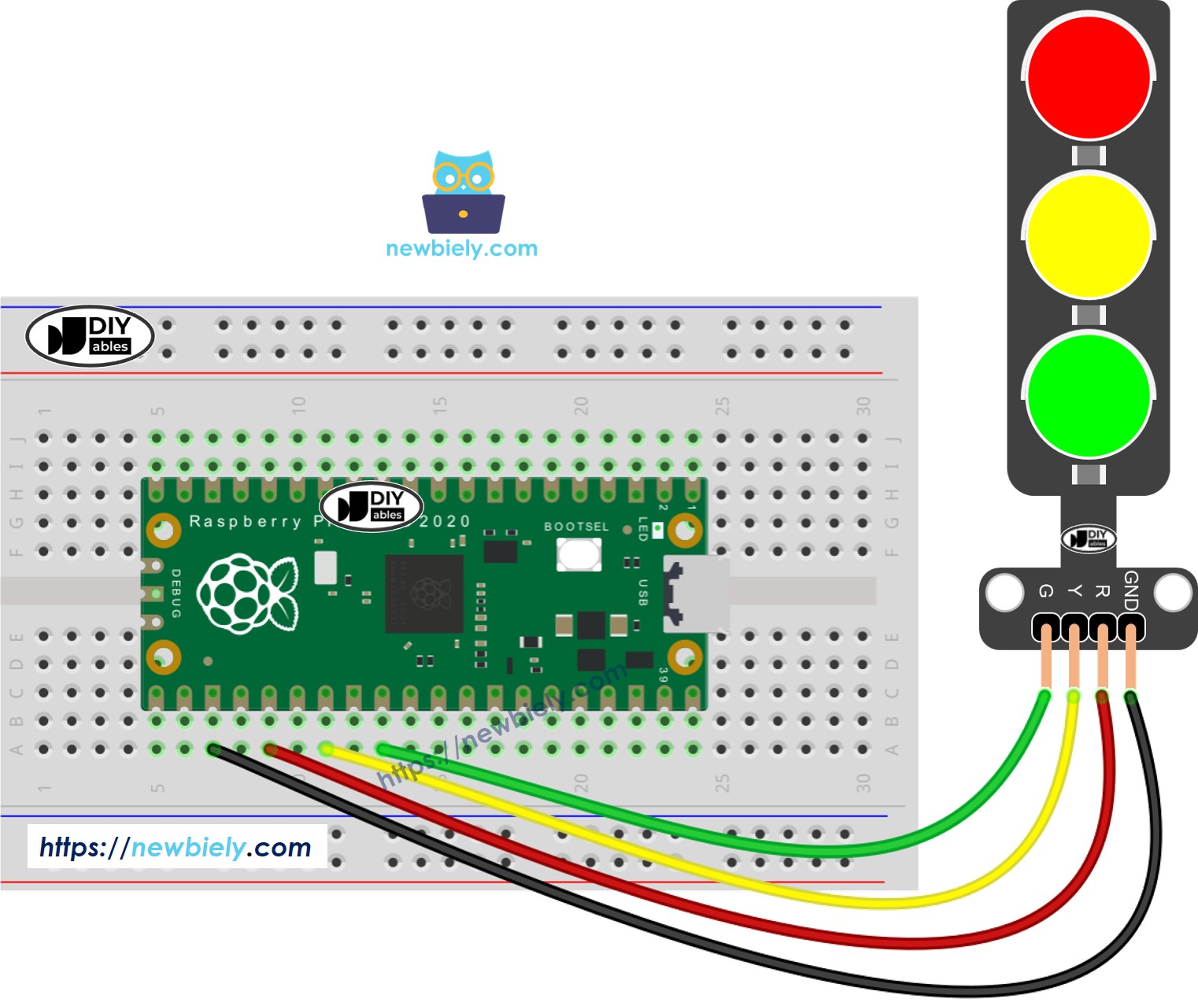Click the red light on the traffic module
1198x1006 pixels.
point(1089,76)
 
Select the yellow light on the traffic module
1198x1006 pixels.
point(1089,236)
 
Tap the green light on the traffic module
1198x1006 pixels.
point(1089,395)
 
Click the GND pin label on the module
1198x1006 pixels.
point(1131,590)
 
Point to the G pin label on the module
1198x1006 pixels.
point(1045,591)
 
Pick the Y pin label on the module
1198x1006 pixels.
point(1074,591)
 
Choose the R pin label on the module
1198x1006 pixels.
point(1102,591)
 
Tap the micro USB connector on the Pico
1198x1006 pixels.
point(695,594)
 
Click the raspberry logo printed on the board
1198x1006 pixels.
point(248,594)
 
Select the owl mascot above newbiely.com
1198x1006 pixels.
point(463,192)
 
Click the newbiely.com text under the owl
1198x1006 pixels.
point(461,249)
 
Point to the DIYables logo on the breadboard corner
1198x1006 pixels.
point(90,336)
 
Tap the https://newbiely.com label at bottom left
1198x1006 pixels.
point(176,847)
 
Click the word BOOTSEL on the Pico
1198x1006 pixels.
point(576,527)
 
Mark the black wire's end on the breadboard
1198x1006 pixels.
point(213,749)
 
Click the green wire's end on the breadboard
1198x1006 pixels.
point(383,749)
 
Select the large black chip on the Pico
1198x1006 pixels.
point(423,594)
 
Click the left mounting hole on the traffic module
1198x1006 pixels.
point(1004,593)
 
